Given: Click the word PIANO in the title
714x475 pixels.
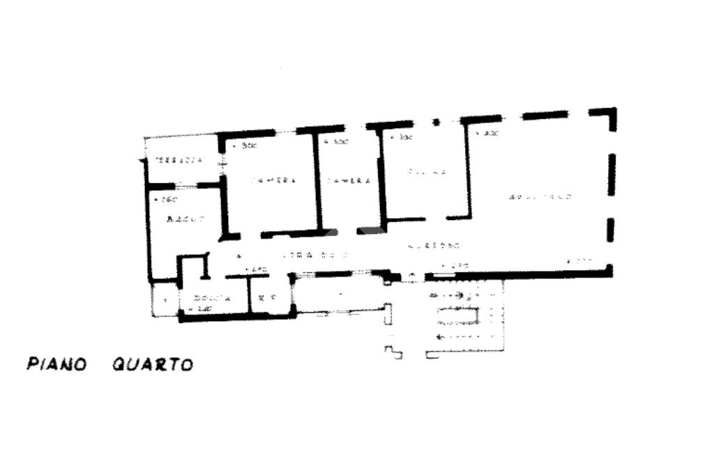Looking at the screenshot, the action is tap(56, 364).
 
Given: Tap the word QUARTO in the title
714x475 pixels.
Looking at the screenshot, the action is tap(153, 364).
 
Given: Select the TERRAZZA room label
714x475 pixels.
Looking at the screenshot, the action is tap(178, 159).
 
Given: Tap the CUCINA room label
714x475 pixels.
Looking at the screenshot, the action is tap(427, 171).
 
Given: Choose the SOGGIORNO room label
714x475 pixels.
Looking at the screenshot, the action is tap(541, 198).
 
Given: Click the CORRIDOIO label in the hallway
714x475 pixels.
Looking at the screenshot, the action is tap(314, 255).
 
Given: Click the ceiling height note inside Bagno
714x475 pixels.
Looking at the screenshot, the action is tap(165, 201).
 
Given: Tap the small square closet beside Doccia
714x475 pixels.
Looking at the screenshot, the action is tap(165, 300).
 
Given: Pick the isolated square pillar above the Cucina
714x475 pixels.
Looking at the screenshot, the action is tap(436, 122).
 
